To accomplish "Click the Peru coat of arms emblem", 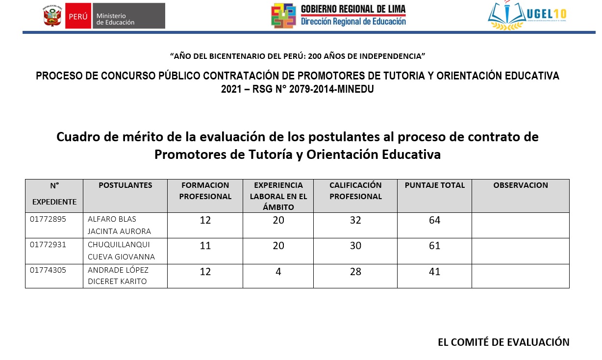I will [x=52, y=16].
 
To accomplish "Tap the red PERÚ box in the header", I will [x=78, y=16].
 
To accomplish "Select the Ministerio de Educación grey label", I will [x=128, y=16].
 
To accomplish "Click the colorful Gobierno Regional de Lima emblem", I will [x=284, y=16].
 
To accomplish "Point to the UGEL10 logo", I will [x=527, y=16].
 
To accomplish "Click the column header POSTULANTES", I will [x=125, y=185].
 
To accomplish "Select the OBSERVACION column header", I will [x=521, y=185].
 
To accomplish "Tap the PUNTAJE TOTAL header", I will [x=435, y=185].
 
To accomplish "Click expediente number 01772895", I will [x=48, y=219].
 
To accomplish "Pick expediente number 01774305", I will [x=48, y=270].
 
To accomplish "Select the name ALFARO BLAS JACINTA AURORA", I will [x=119, y=225].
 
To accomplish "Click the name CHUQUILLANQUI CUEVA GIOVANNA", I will [x=121, y=251].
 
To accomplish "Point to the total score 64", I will [x=435, y=220].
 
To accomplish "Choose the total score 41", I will [x=435, y=271].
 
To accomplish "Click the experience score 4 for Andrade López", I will [x=278, y=271].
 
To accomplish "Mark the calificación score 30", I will [x=355, y=246].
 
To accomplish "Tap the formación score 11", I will [x=205, y=246].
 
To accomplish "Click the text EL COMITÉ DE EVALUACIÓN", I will [x=503, y=342].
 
